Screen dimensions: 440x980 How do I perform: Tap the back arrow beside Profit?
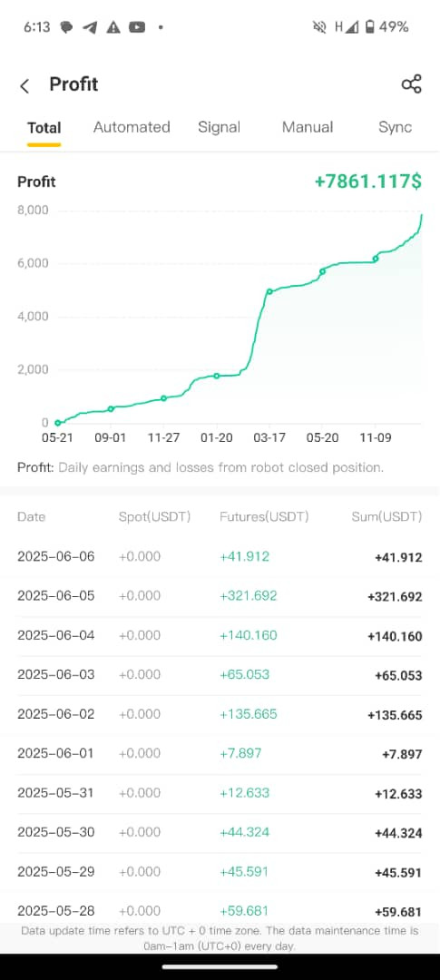24,85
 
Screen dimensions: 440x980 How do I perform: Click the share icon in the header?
411,84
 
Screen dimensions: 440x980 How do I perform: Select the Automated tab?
132,127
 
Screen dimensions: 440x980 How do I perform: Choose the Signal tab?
219,127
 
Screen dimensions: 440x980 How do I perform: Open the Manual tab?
308,127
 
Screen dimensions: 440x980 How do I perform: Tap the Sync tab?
395,127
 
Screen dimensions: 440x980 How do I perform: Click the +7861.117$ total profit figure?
368,181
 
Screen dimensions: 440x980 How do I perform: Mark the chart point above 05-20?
322,271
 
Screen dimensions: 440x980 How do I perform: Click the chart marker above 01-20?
217,376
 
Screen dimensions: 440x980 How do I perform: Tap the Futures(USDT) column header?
264,517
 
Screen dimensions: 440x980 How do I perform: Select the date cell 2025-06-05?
56,595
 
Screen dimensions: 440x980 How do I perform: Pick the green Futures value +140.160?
249,635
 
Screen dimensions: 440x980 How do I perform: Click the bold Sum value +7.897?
402,754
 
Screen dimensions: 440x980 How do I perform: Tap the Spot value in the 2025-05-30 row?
140,832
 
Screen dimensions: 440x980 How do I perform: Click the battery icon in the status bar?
370,27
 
